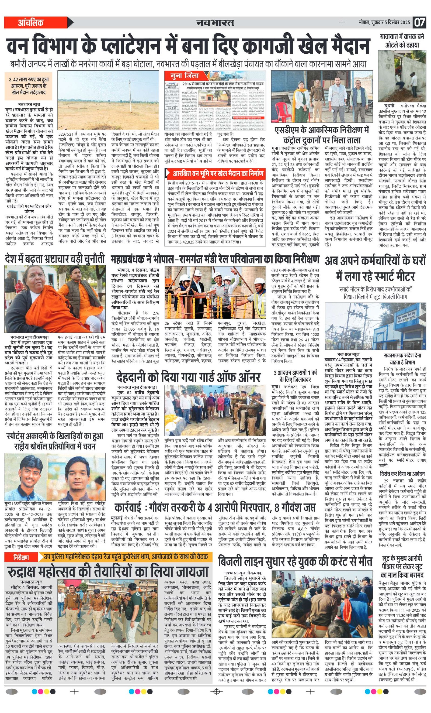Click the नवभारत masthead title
tap(215, 22)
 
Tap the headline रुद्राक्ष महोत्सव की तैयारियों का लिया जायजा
tap(108, 572)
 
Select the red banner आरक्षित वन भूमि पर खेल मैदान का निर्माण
tap(215, 174)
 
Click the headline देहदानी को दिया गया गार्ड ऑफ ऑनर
tap(188, 377)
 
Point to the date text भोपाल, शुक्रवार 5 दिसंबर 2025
tap(384, 22)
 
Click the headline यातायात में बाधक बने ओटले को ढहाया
tap(402, 41)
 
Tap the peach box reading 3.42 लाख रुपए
tap(29, 86)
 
